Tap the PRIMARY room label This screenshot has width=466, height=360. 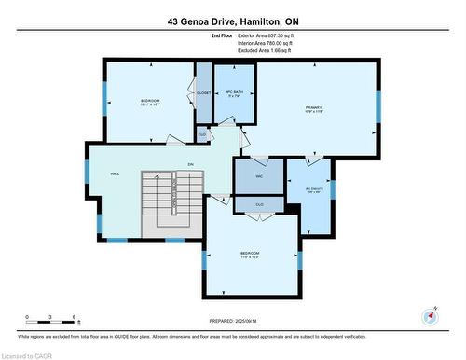point(313,108)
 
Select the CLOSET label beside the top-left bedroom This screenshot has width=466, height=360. point(203,93)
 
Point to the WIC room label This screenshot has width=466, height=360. point(252,175)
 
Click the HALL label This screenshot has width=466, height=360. point(115,174)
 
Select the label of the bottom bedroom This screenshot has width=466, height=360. point(249,254)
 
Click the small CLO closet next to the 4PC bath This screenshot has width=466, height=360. point(201,134)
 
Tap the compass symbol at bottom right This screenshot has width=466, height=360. point(430,315)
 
